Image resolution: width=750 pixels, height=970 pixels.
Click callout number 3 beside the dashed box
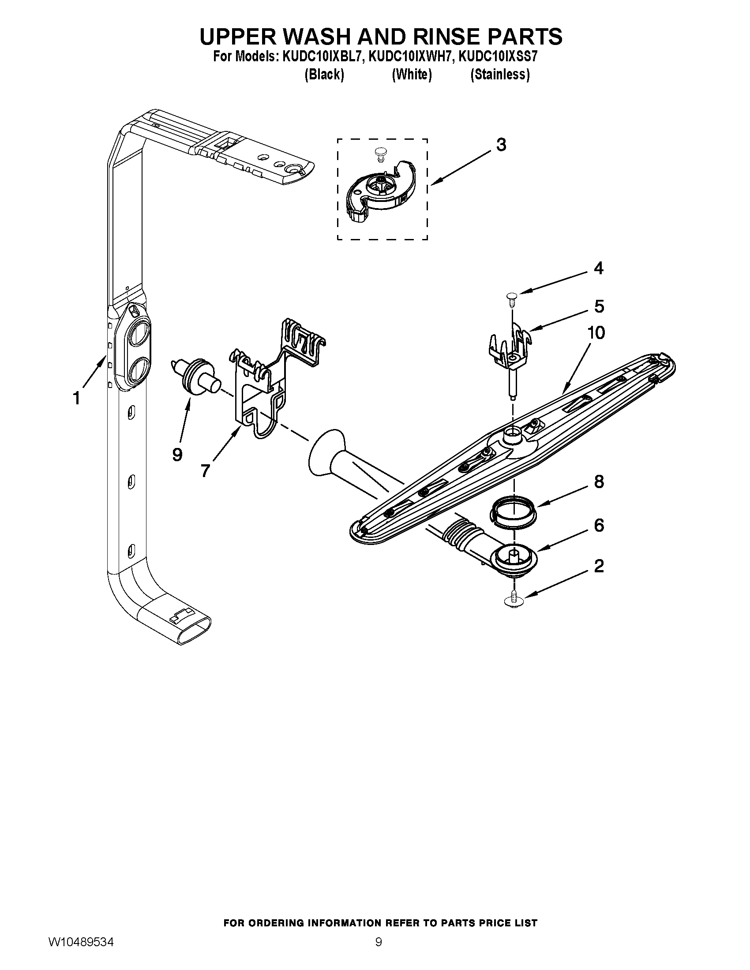(501, 145)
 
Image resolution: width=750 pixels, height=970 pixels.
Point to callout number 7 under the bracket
(205, 470)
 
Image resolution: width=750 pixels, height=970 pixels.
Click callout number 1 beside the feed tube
(76, 399)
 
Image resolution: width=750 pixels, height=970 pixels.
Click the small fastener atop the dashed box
(379, 154)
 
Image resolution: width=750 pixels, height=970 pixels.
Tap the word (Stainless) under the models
(500, 75)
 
